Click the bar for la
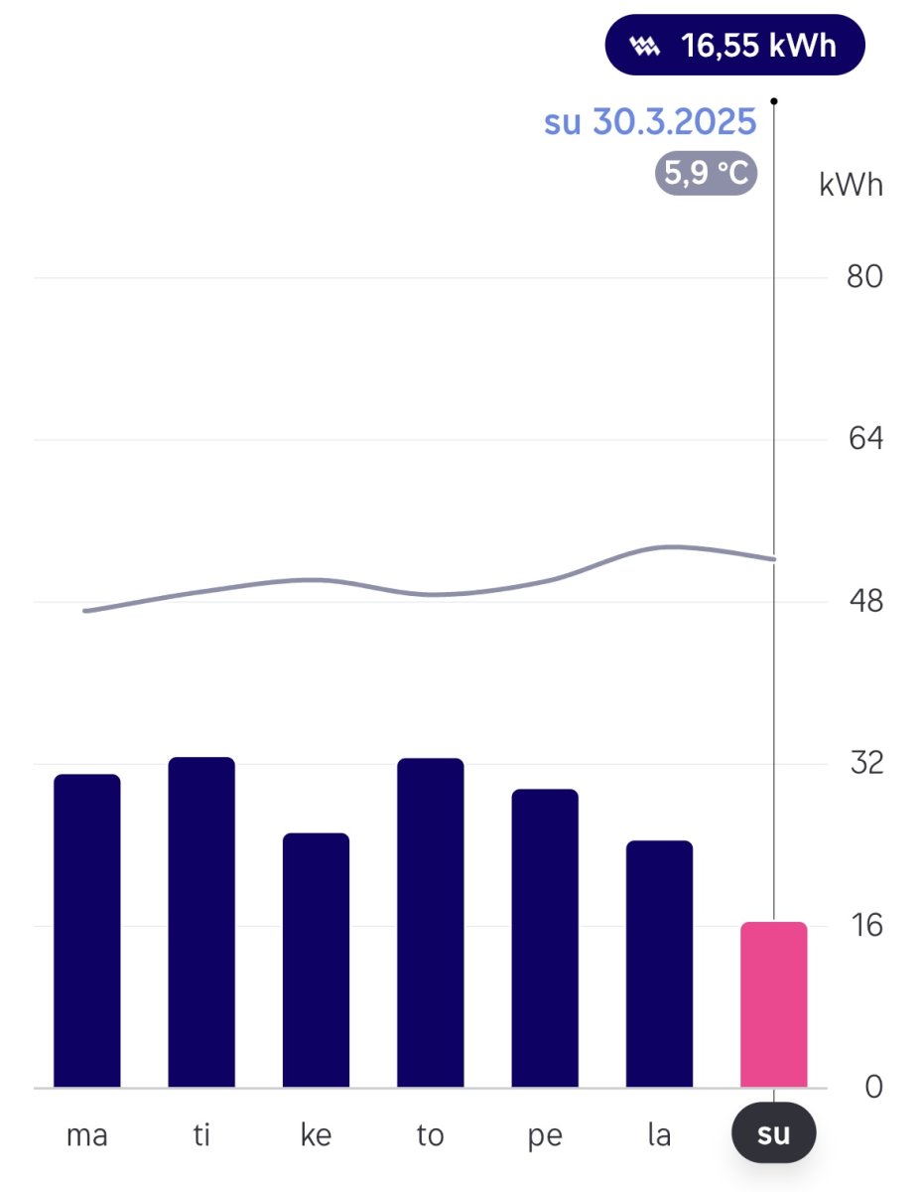click(659, 963)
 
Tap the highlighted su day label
click(773, 1134)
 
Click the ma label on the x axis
click(87, 1135)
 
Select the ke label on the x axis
click(316, 1135)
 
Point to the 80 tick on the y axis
click(864, 276)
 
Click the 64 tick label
click(864, 438)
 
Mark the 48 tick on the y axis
click(864, 601)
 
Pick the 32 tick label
click(864, 763)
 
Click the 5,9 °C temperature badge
click(706, 175)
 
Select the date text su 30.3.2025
click(650, 121)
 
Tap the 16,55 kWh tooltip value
click(758, 46)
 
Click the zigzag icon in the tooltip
click(645, 46)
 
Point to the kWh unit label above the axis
click(851, 185)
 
